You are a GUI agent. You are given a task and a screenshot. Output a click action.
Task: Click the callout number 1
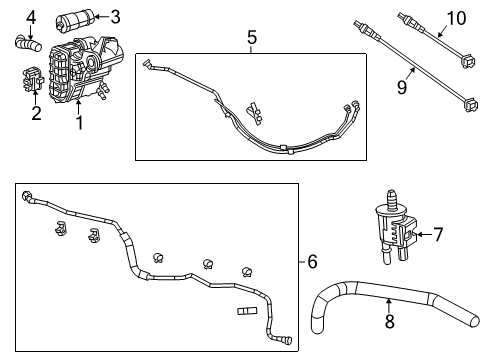tap(77, 125)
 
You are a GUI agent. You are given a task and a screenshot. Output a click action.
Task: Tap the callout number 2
tap(35, 113)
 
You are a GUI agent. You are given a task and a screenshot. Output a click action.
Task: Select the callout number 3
tap(116, 16)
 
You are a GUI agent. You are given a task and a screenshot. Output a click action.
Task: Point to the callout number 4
tap(31, 16)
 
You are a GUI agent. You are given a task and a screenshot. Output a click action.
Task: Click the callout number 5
tap(252, 37)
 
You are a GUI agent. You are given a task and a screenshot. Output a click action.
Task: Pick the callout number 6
tap(312, 262)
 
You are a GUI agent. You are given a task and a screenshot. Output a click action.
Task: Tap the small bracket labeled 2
tap(32, 80)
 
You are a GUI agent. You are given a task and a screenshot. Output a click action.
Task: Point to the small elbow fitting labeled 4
tap(27, 43)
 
